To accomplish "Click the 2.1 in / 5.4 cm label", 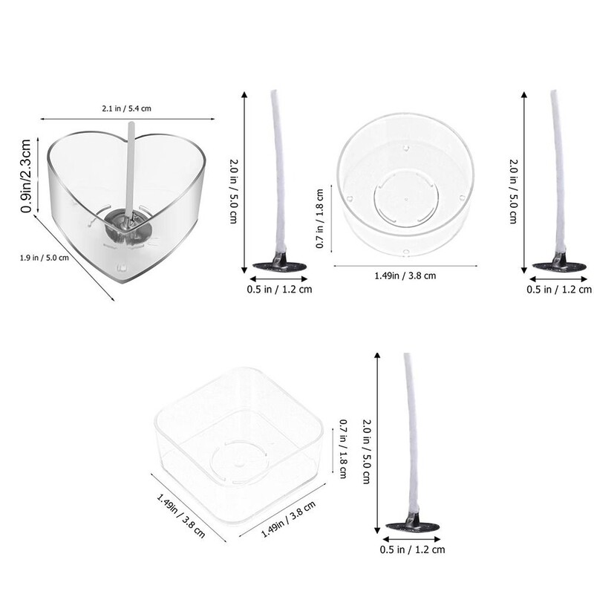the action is click(126, 108).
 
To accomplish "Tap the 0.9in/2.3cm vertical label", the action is click(26, 176).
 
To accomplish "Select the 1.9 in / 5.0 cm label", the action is click(45, 258).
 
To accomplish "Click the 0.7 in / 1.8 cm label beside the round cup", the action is click(320, 218).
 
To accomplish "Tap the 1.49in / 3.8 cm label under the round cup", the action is click(405, 275).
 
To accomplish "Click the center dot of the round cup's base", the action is click(406, 199).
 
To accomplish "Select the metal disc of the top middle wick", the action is click(279, 266).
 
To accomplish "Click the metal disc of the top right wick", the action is click(559, 266).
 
